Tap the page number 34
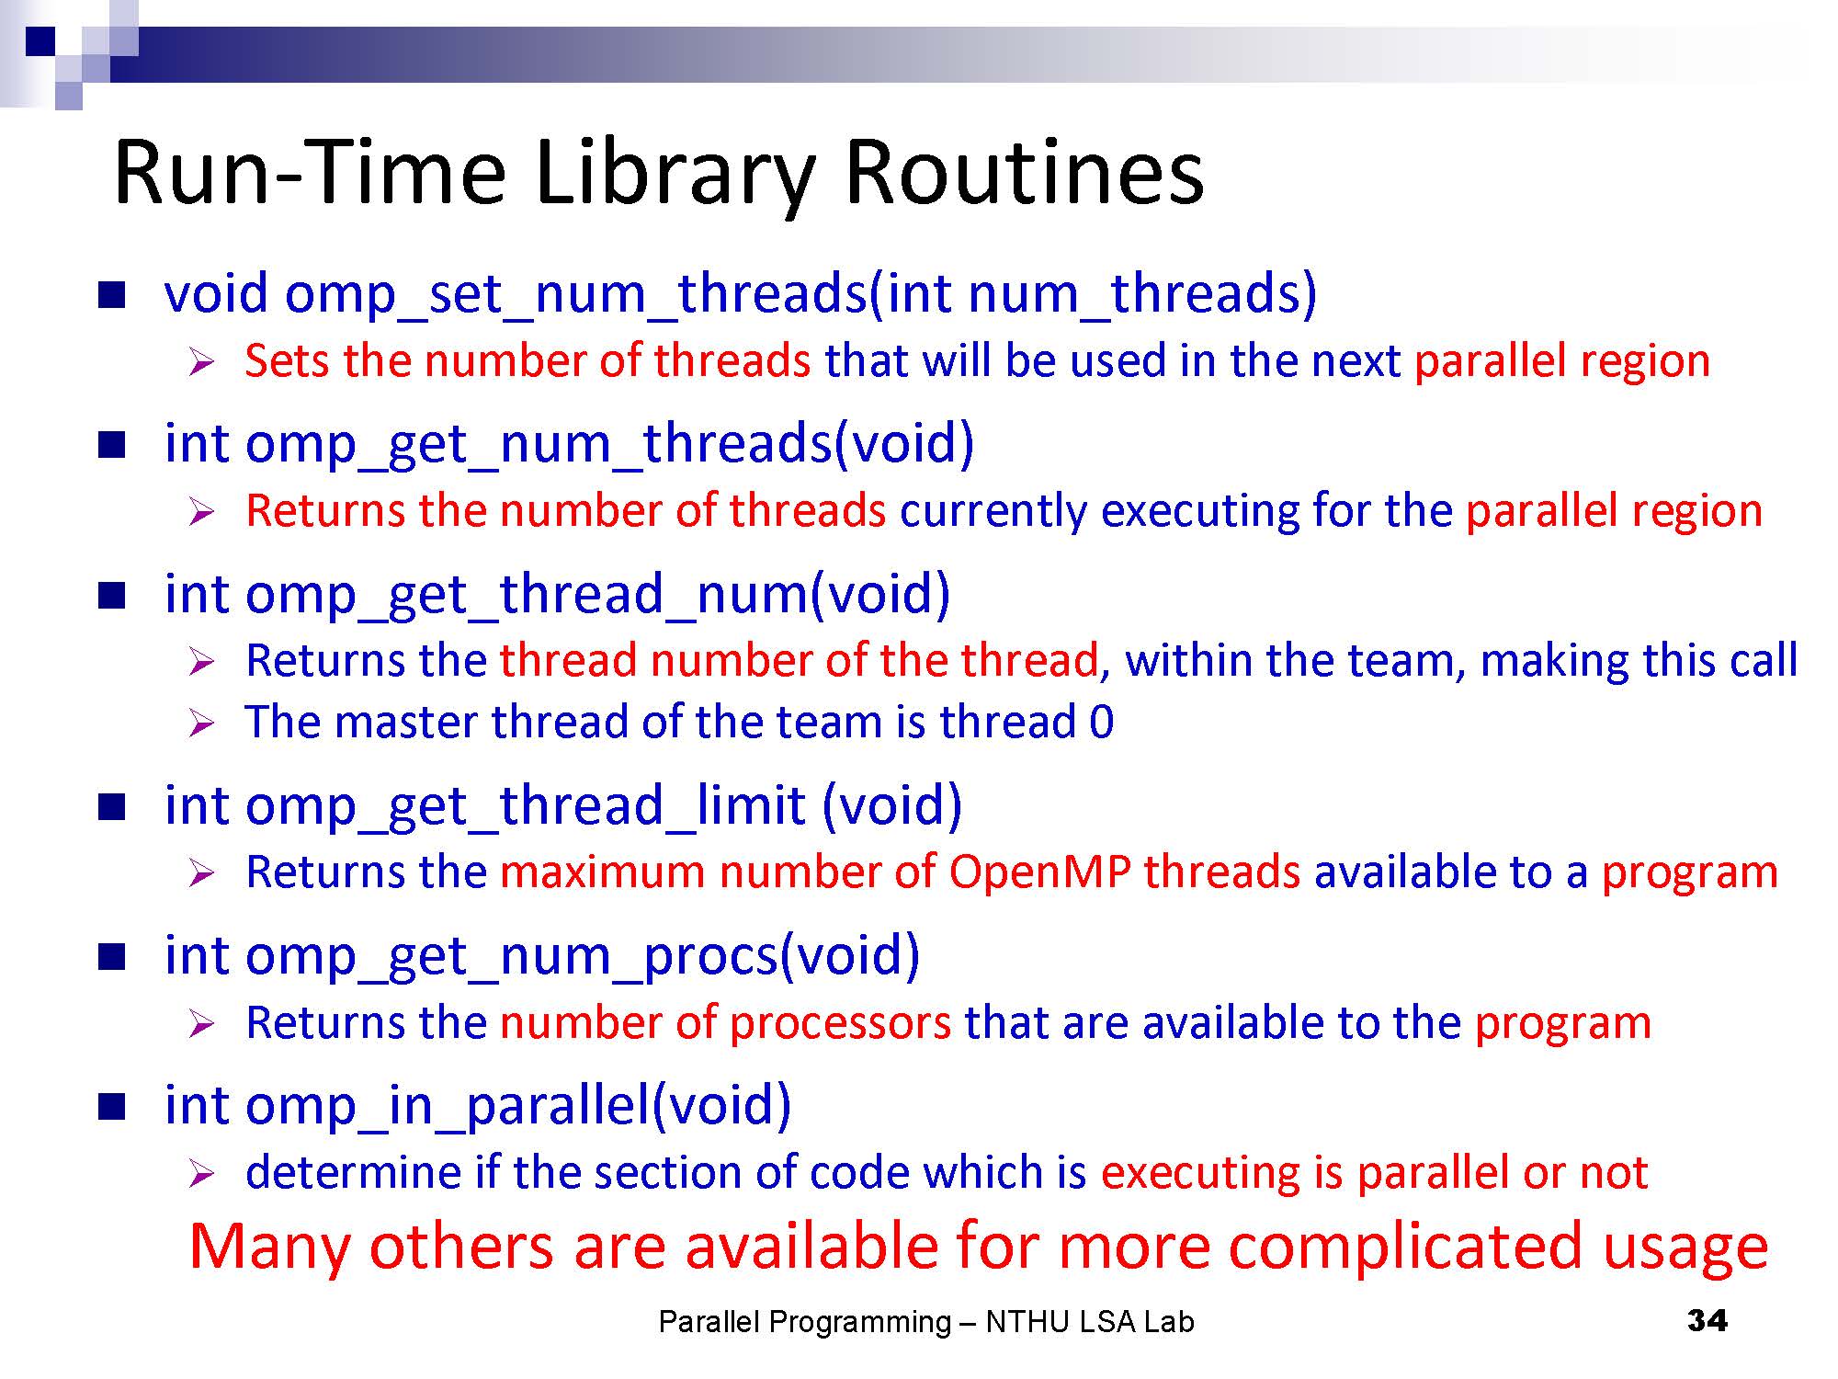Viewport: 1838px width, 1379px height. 1707,1321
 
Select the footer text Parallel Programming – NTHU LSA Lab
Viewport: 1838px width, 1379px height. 926,1322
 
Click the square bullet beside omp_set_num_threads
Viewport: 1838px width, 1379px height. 111,295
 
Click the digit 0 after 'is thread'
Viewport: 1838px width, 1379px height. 1101,722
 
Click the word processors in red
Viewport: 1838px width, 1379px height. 840,1023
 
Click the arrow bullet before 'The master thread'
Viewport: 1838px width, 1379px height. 201,723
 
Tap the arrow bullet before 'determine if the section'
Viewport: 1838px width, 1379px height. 201,1173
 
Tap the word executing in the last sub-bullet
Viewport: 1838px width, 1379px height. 1200,1174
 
